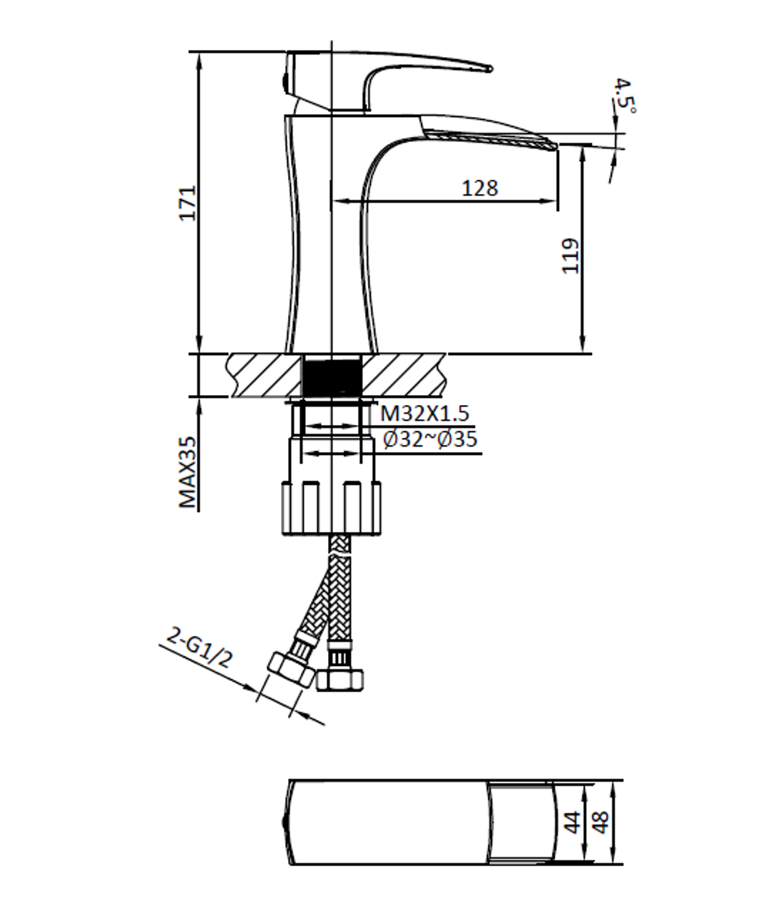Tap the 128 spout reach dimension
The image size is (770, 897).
point(480,188)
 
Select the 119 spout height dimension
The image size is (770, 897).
point(570,256)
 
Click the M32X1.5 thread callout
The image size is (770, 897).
point(424,414)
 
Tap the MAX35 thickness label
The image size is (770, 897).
point(188,471)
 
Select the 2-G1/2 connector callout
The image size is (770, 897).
point(199,649)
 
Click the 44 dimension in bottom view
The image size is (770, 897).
point(572,822)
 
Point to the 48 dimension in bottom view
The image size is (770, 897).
point(601,822)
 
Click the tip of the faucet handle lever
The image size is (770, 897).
point(488,69)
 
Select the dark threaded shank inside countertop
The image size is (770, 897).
point(332,375)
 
